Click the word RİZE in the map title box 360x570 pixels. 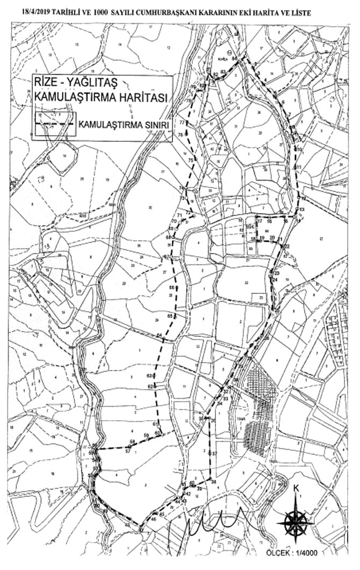pyautogui.click(x=48, y=82)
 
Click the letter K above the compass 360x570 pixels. pyautogui.click(x=296, y=488)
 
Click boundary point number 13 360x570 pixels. pyautogui.click(x=302, y=208)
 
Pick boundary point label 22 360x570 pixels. pyautogui.click(x=286, y=246)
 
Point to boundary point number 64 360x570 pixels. pyautogui.click(x=160, y=336)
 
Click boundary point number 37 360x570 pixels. pyautogui.click(x=214, y=454)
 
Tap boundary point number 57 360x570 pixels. pyautogui.click(x=127, y=451)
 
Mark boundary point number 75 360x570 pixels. pyautogui.click(x=190, y=160)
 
